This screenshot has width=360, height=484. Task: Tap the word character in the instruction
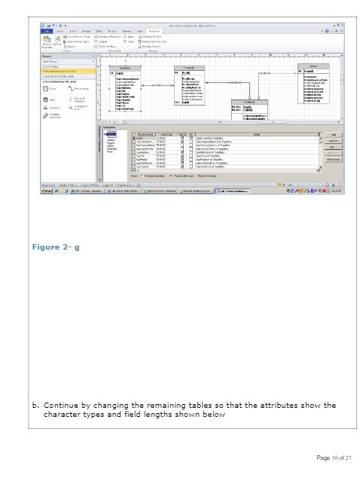(x=66, y=414)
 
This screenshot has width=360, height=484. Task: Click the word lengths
(x=170, y=414)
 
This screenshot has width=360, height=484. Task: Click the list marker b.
(x=35, y=405)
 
